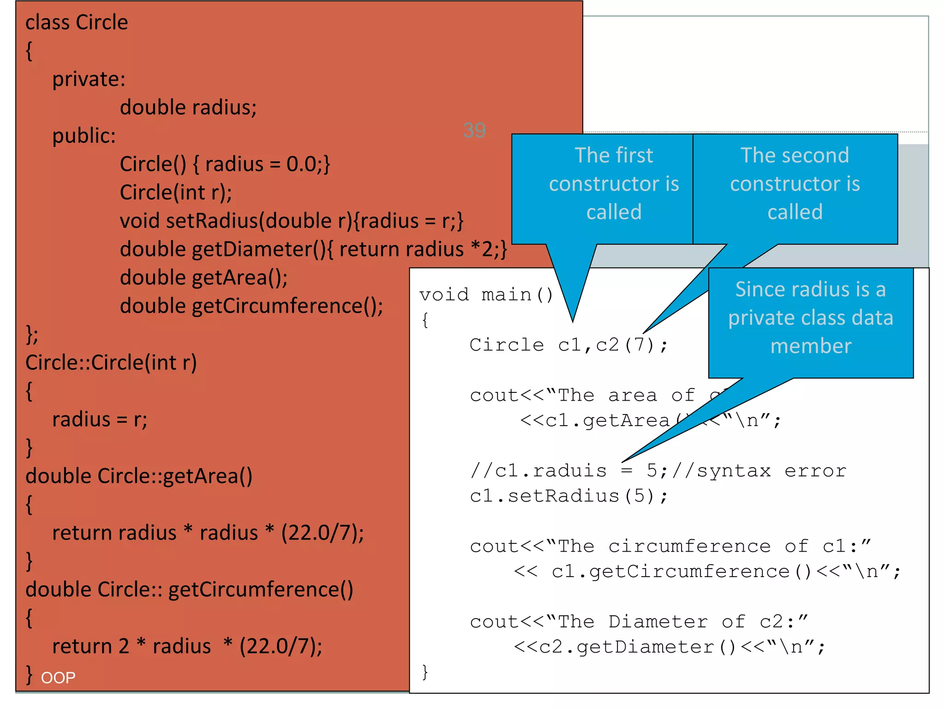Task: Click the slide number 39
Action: click(x=474, y=131)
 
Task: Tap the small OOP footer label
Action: click(x=58, y=678)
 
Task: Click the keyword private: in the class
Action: click(x=89, y=79)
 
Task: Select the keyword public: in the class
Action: click(x=84, y=136)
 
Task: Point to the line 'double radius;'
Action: click(x=188, y=108)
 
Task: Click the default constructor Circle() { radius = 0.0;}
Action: click(x=225, y=164)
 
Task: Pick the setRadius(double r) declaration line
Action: click(x=291, y=221)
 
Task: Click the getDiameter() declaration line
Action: click(x=313, y=249)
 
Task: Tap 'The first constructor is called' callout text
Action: click(x=614, y=184)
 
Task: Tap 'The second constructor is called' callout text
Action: click(x=795, y=184)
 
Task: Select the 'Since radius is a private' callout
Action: click(x=810, y=318)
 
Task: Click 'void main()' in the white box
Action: click(x=486, y=294)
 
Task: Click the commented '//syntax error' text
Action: click(x=759, y=471)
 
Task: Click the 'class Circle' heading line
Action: click(x=77, y=22)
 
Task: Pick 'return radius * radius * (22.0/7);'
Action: click(x=208, y=533)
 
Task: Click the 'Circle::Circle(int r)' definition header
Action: click(x=111, y=363)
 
